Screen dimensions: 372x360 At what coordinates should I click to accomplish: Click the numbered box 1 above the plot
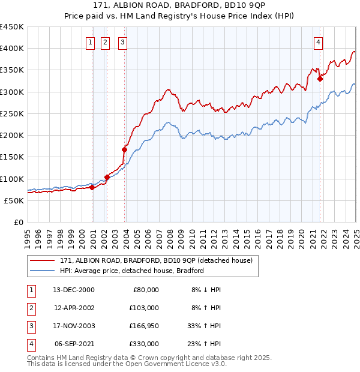click(x=89, y=42)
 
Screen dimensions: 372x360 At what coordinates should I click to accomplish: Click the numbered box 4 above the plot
click(x=317, y=42)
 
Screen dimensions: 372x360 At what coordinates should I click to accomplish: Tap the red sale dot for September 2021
click(x=320, y=78)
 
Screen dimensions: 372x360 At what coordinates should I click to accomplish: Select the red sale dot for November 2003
click(x=125, y=149)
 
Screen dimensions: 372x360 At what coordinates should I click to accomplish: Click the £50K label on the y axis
click(x=14, y=200)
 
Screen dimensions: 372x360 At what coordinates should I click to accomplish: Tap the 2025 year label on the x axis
click(x=356, y=238)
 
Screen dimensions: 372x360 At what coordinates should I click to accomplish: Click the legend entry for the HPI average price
click(x=132, y=271)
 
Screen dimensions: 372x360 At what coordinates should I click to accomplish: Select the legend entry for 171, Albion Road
click(x=159, y=260)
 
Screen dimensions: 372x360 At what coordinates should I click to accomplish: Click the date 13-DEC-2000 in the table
click(x=74, y=290)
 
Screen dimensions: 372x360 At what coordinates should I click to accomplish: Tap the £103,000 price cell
click(x=143, y=308)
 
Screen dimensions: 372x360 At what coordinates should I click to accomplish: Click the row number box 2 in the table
click(x=30, y=308)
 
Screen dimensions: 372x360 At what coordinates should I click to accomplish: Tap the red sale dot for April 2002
click(x=107, y=177)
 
